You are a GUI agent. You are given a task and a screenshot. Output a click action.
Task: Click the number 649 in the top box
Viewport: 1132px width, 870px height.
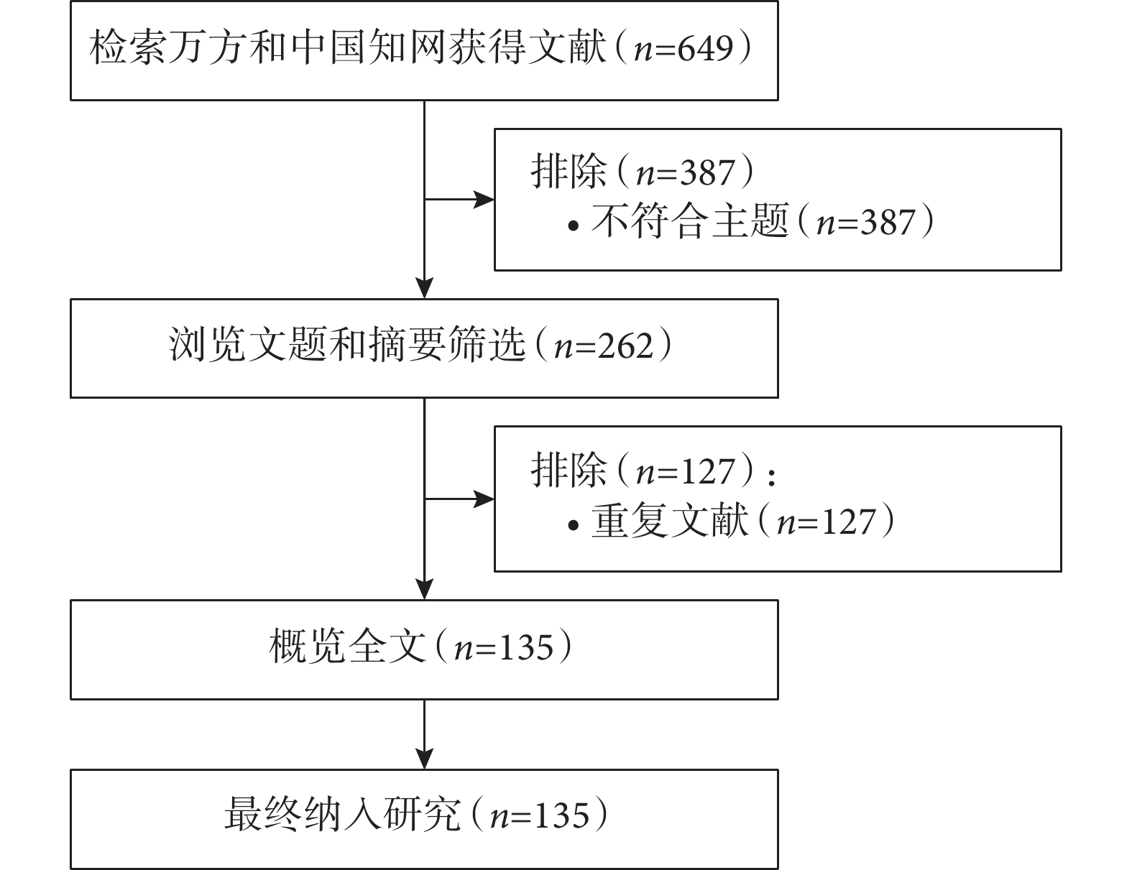[x=705, y=48]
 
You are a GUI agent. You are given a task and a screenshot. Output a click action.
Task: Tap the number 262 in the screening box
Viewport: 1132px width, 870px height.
[x=625, y=346]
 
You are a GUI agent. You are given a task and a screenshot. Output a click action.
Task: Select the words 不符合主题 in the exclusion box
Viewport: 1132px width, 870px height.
[x=690, y=221]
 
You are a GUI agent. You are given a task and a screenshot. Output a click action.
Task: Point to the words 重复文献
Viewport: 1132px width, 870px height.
[x=670, y=520]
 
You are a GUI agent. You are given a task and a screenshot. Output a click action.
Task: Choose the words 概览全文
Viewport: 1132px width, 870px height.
[x=347, y=646]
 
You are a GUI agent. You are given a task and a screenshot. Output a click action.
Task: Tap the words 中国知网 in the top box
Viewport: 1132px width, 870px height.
[x=368, y=48]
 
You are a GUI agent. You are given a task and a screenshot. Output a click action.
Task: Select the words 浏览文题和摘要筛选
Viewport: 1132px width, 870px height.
[x=347, y=345]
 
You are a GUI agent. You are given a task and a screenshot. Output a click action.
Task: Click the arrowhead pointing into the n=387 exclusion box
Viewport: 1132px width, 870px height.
[x=484, y=200]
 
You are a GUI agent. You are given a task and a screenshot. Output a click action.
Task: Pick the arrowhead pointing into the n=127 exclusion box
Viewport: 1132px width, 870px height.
[x=484, y=499]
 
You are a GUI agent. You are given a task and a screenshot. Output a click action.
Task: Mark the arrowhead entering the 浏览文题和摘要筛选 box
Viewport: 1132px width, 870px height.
[x=425, y=288]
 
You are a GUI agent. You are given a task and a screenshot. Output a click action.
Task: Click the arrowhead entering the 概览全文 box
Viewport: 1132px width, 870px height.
[x=425, y=589]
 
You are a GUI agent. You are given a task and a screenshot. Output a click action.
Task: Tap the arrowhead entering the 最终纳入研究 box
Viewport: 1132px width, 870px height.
[x=425, y=759]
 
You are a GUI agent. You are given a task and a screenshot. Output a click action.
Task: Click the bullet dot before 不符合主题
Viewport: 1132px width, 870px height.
[x=574, y=226]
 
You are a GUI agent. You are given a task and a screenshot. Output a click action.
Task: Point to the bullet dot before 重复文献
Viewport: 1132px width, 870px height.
[x=574, y=525]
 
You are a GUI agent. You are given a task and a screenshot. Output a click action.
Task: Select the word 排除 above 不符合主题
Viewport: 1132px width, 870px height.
[x=569, y=171]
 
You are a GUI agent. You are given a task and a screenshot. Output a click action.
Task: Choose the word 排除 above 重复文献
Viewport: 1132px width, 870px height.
[x=569, y=470]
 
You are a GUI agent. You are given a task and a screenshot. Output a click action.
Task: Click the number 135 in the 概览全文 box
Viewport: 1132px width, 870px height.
[x=525, y=647]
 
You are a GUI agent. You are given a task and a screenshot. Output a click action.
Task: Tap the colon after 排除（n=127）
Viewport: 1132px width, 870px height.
[x=772, y=476]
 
